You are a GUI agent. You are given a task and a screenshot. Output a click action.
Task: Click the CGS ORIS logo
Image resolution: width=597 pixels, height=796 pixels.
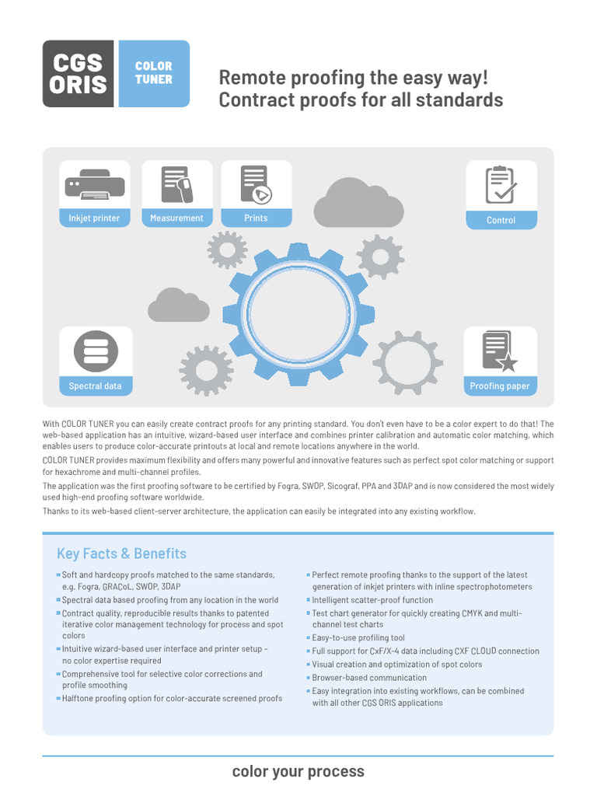coord(79,73)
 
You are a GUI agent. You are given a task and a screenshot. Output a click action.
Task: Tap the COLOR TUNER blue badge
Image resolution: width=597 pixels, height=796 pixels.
coord(153,73)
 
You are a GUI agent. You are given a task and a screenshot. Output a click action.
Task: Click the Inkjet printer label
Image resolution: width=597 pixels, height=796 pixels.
coord(94,218)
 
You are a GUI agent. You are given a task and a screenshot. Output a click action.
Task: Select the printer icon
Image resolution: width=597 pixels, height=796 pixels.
coord(94,185)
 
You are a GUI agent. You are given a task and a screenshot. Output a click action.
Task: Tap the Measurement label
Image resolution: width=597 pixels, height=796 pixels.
coord(176,218)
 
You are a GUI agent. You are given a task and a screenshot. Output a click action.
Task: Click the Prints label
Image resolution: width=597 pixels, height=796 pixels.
coord(256,218)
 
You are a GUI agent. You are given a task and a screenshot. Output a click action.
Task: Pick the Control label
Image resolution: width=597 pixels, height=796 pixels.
coord(501,220)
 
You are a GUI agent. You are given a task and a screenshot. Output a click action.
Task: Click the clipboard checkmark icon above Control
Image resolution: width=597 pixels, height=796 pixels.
coord(500,185)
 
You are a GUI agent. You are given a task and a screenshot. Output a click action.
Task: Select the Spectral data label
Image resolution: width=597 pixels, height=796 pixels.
coord(95,386)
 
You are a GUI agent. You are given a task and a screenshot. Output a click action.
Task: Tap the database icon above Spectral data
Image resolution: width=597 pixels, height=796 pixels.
coord(95,351)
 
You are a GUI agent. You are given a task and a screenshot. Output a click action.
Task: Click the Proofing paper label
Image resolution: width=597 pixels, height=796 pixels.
coord(500,386)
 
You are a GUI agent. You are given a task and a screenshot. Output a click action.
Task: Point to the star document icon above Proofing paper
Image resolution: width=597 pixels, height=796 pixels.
coord(500,351)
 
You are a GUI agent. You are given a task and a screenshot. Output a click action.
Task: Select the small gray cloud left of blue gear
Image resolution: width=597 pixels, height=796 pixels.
coord(178,305)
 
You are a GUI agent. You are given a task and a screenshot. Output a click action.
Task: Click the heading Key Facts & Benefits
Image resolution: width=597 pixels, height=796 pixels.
coord(121,553)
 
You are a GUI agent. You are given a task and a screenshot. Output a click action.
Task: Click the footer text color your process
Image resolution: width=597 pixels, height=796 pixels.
coord(298,771)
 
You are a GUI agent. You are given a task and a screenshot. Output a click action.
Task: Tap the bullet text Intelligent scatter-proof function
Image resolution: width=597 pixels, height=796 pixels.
coord(372,600)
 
